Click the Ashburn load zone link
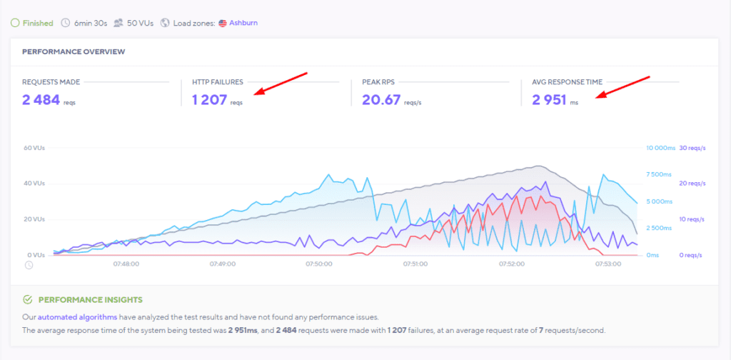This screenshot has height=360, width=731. (x=243, y=23)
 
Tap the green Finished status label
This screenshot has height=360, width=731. (x=37, y=23)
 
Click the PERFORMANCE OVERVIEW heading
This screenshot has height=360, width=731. (x=74, y=51)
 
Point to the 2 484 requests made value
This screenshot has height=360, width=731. (x=41, y=100)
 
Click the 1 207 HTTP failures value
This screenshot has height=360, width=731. (x=208, y=100)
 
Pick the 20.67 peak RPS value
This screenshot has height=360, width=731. (x=380, y=100)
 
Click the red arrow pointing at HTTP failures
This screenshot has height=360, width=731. (x=281, y=83)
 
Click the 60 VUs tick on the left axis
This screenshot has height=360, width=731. (x=34, y=148)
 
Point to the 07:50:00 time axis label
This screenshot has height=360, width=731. (x=318, y=264)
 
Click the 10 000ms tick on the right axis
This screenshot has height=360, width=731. (x=660, y=148)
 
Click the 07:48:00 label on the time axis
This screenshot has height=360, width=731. (x=126, y=264)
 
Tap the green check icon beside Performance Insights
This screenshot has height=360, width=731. (x=27, y=300)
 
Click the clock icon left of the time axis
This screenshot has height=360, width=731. (x=29, y=265)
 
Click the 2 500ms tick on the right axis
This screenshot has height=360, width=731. (x=658, y=228)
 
